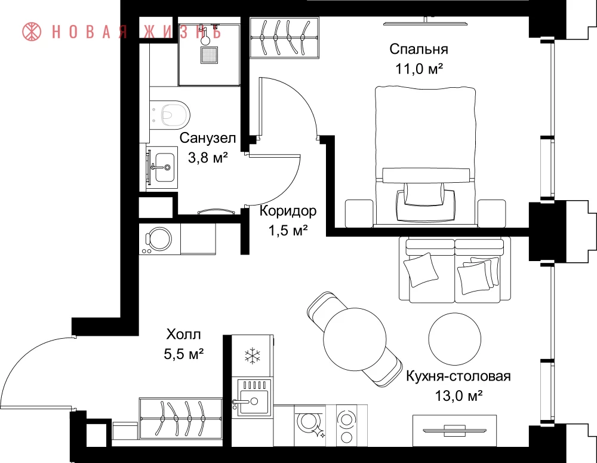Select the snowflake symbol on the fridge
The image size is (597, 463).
point(252,355)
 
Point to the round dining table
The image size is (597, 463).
point(355,339)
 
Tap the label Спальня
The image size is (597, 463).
point(418,49)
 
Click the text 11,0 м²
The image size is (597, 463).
point(419,69)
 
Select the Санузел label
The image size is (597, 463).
point(208,138)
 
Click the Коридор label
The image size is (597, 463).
point(288,211)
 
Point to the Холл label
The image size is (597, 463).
point(183,335)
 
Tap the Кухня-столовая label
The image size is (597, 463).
point(458,376)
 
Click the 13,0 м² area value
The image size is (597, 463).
point(458,396)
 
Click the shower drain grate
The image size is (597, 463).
point(209,55)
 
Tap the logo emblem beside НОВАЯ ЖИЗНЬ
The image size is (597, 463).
point(32,32)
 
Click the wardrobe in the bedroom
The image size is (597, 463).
point(284,38)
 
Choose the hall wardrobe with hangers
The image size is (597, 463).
point(181,418)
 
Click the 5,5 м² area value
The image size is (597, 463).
point(183,354)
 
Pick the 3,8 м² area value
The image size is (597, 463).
point(208,158)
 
